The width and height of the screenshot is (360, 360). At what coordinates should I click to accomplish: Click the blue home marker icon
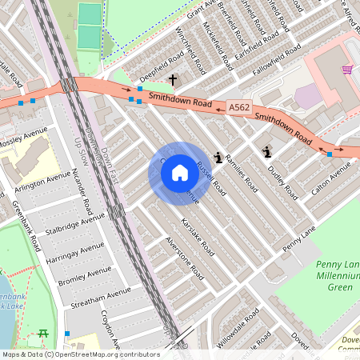point(180,172)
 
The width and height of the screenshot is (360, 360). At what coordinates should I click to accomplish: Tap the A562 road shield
point(238,106)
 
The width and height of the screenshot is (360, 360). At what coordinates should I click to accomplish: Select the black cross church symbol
point(173,80)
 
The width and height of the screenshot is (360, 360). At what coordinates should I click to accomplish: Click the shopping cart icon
point(347,70)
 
